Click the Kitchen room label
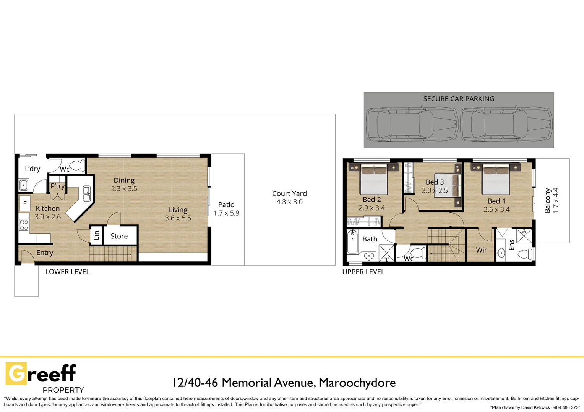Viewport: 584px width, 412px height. [48, 208]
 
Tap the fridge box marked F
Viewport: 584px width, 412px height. [25, 204]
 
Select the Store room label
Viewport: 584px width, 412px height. [119, 236]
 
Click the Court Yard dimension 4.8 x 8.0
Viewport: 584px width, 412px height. [289, 202]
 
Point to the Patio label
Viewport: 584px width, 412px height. [226, 205]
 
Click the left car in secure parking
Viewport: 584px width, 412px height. [412, 124]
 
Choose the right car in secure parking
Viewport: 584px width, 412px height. [506, 124]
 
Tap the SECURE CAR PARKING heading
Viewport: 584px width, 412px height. [459, 99]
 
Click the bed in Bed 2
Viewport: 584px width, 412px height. [374, 179]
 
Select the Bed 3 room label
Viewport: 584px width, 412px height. [435, 182]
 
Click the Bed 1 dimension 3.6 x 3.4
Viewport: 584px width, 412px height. [496, 209]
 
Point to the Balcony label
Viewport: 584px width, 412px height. [547, 200]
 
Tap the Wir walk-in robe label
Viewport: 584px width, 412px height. [481, 250]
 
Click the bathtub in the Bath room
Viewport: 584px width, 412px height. [352, 241]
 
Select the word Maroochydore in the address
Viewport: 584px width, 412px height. [357, 382]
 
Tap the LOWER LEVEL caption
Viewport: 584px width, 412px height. [67, 272]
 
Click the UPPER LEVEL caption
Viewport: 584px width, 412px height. [363, 272]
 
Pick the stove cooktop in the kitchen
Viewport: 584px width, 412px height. [24, 225]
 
